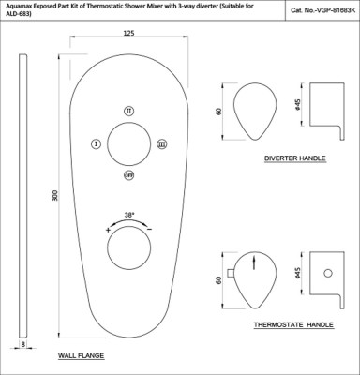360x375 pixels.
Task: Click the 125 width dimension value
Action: point(128,33)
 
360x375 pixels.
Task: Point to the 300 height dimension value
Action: point(55,195)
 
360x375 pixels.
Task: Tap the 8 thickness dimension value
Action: point(23,344)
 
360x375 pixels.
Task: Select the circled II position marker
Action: point(128,111)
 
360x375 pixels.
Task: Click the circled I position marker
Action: point(97,144)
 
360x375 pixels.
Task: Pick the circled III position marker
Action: point(162,144)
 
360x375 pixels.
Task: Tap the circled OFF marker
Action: point(128,175)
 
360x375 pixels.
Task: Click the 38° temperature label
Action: point(129,215)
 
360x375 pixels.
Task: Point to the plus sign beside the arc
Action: point(108,231)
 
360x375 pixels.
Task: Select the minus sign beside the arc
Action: point(150,230)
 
